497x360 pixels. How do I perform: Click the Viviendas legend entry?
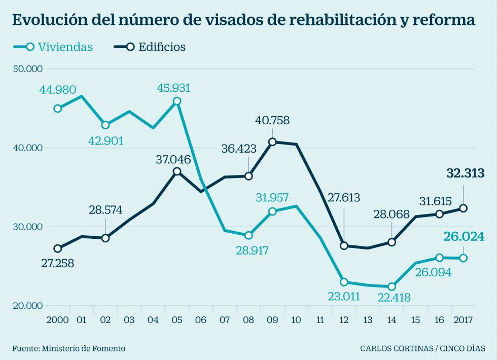pos(53,47)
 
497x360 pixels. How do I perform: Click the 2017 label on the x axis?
pos(463,320)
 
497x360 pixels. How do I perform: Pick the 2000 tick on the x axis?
pos(57,320)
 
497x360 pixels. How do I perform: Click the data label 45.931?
pos(173,88)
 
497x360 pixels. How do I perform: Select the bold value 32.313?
pos(465,173)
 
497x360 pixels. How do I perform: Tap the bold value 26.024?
pos(465,237)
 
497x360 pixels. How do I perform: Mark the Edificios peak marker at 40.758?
pos(272,142)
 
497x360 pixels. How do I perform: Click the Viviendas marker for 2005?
pos(176,101)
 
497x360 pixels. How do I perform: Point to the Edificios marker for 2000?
pos(57,248)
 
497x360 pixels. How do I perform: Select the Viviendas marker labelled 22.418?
pos(392,286)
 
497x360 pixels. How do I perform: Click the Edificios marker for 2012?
pos(344,246)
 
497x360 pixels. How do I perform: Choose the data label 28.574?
pos(105,210)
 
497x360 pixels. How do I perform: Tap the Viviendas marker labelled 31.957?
pos(272,211)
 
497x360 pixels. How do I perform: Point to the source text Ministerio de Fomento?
pos(84,348)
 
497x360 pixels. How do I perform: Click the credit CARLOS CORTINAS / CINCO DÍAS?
pos(422,348)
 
